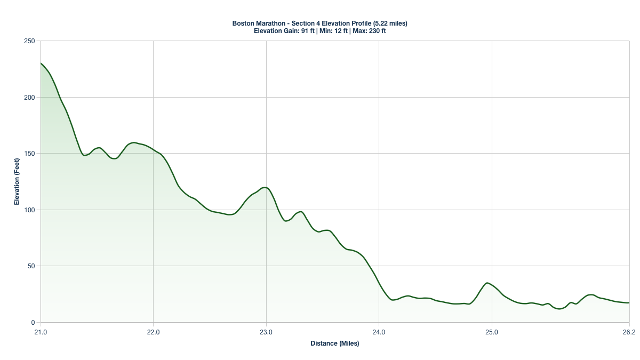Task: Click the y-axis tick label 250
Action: [30, 41]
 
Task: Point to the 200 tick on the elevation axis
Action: [30, 98]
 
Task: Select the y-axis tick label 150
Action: [30, 154]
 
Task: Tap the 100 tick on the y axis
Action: [30, 210]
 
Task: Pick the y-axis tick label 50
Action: [31, 266]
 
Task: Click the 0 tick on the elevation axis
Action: [33, 323]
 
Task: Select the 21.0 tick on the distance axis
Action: [41, 332]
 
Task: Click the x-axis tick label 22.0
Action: [153, 332]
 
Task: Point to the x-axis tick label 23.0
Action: [266, 332]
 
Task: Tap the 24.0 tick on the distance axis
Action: [379, 332]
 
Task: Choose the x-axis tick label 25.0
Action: [492, 332]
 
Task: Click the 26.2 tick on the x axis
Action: [629, 332]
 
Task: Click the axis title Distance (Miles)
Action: [335, 343]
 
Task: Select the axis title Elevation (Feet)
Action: [17, 182]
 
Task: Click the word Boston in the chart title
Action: [243, 23]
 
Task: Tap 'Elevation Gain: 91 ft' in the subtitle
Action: [284, 31]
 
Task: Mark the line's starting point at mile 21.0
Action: [41, 63]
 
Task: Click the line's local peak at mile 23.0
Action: [265, 188]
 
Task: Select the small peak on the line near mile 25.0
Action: [487, 283]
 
